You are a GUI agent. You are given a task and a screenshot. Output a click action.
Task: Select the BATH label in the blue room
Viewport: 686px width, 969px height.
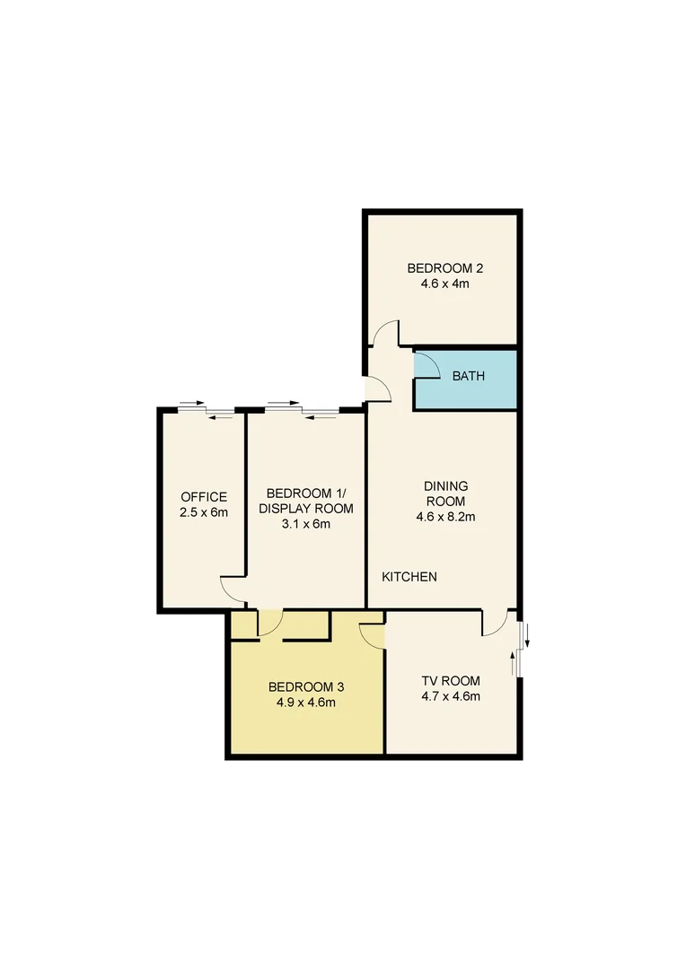pos(468,376)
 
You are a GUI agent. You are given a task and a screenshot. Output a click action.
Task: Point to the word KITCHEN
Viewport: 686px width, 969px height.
pos(409,577)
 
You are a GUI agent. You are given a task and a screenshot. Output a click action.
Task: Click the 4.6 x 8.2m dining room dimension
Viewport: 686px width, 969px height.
pos(445,516)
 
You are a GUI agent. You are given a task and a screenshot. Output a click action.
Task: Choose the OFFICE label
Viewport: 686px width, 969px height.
pos(204,497)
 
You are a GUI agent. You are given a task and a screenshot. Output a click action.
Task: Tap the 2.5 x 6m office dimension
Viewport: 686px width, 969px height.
pos(204,512)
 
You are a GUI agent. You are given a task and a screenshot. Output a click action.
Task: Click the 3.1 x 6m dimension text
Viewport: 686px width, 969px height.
pos(306,524)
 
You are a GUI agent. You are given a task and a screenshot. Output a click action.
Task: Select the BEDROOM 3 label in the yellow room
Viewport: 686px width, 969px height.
pos(306,687)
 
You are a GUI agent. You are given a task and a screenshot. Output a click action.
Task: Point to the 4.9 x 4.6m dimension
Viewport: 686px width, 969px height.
pos(306,703)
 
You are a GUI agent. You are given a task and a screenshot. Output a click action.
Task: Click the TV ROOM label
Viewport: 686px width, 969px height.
pos(451,680)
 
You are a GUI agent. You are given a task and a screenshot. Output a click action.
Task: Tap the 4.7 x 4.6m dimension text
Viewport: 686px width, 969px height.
pos(451,695)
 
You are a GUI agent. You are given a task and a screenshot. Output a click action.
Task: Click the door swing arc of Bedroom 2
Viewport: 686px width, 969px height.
pos(387,334)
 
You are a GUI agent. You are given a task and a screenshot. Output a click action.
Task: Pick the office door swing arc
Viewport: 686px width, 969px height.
pos(233,589)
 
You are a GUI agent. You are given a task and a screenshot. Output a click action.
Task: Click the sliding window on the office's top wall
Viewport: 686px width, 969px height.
pos(206,411)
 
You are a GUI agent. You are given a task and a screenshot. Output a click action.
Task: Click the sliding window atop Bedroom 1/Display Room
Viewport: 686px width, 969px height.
pos(302,411)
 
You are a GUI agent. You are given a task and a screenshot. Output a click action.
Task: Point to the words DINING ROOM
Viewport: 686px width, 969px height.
pos(445,493)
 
